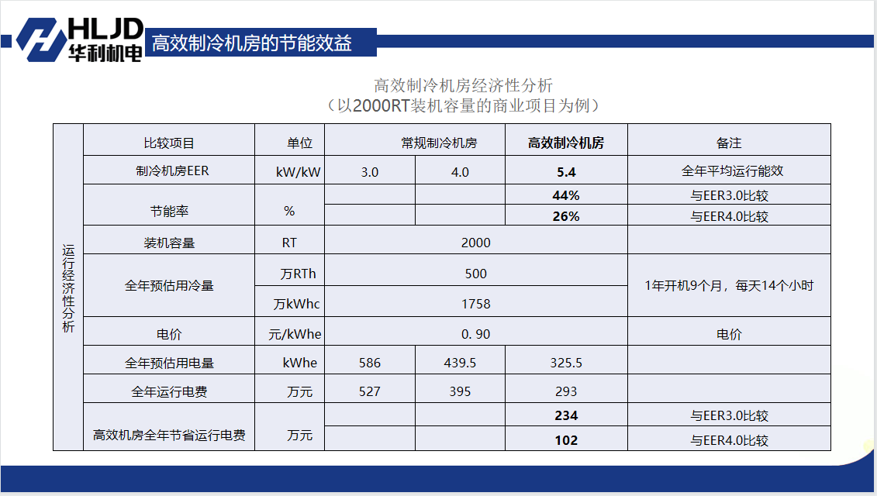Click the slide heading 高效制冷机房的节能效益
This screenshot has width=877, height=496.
(x=252, y=43)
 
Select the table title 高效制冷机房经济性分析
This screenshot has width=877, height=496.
(x=463, y=85)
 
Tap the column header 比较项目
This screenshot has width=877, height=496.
(x=169, y=143)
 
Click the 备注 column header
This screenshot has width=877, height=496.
(x=728, y=143)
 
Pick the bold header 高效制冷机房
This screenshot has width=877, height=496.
(x=565, y=143)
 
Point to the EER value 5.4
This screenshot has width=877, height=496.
(x=565, y=172)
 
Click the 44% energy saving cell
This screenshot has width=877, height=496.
(x=565, y=195)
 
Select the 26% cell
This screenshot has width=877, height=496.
(x=565, y=216)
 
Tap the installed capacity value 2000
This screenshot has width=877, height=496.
(x=475, y=243)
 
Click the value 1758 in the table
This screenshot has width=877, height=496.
(x=475, y=304)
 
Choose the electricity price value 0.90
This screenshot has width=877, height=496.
(x=475, y=334)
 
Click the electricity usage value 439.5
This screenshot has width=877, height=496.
(x=460, y=363)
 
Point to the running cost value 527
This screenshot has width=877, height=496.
(x=370, y=391)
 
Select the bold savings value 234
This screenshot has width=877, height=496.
(x=565, y=415)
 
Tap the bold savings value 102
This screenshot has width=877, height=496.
(x=565, y=440)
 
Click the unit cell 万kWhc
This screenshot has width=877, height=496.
(x=296, y=304)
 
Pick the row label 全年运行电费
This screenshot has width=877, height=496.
(x=169, y=391)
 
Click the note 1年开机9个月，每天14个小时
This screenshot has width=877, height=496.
(x=728, y=286)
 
